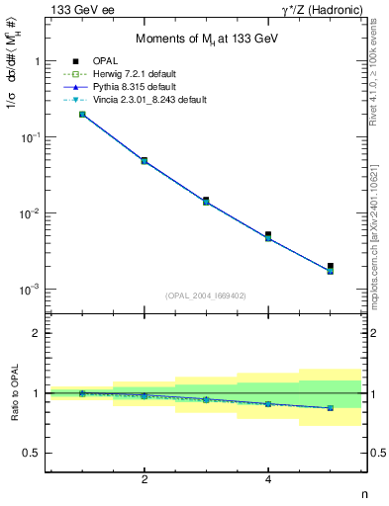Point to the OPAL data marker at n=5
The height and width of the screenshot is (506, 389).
(x=331, y=266)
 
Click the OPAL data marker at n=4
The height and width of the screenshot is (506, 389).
(x=268, y=235)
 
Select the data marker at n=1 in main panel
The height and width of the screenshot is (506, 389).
(x=82, y=115)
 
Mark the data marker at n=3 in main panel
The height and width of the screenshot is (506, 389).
(x=206, y=201)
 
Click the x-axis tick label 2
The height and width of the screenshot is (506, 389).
(x=145, y=481)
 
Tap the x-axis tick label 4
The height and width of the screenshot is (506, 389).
(x=268, y=481)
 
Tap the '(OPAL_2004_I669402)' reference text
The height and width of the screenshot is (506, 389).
(x=205, y=295)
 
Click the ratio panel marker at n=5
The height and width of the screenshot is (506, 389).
(x=331, y=407)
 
